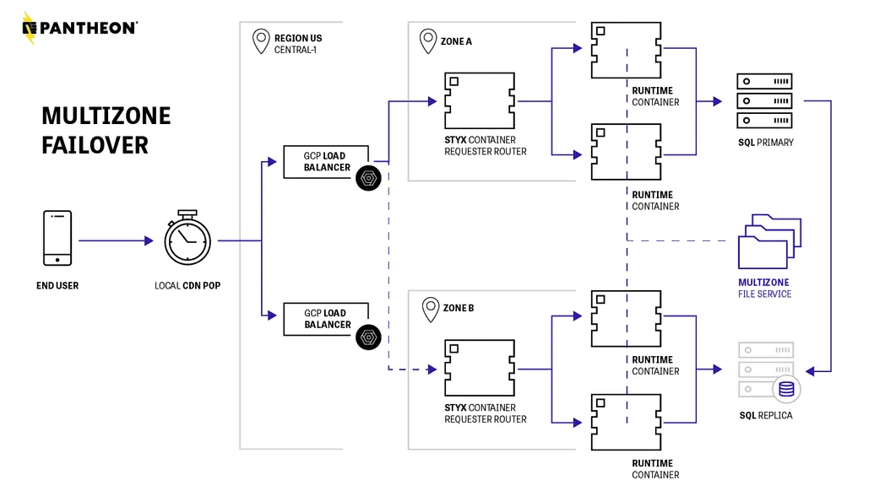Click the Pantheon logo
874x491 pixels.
pyautogui.click(x=79, y=28)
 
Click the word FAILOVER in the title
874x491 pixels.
pyautogui.click(x=95, y=144)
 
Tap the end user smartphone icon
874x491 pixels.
pyautogui.click(x=57, y=239)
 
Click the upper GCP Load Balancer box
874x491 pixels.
pyautogui.click(x=326, y=161)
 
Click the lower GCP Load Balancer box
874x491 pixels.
pyautogui.click(x=326, y=318)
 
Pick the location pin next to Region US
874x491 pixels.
pyautogui.click(x=261, y=40)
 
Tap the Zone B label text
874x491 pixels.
pyautogui.click(x=458, y=308)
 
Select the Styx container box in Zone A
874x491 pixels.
pyautogui.click(x=480, y=101)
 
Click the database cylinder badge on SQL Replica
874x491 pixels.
pyautogui.click(x=786, y=388)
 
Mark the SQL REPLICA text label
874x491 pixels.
pyautogui.click(x=765, y=415)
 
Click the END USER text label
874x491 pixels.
pyautogui.click(x=57, y=286)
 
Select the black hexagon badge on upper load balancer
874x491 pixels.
pyautogui.click(x=368, y=179)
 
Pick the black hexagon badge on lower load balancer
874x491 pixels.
pyautogui.click(x=368, y=337)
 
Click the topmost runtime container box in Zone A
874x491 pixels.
pyautogui.click(x=626, y=51)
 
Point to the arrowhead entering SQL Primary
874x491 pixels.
pyautogui.click(x=717, y=101)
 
